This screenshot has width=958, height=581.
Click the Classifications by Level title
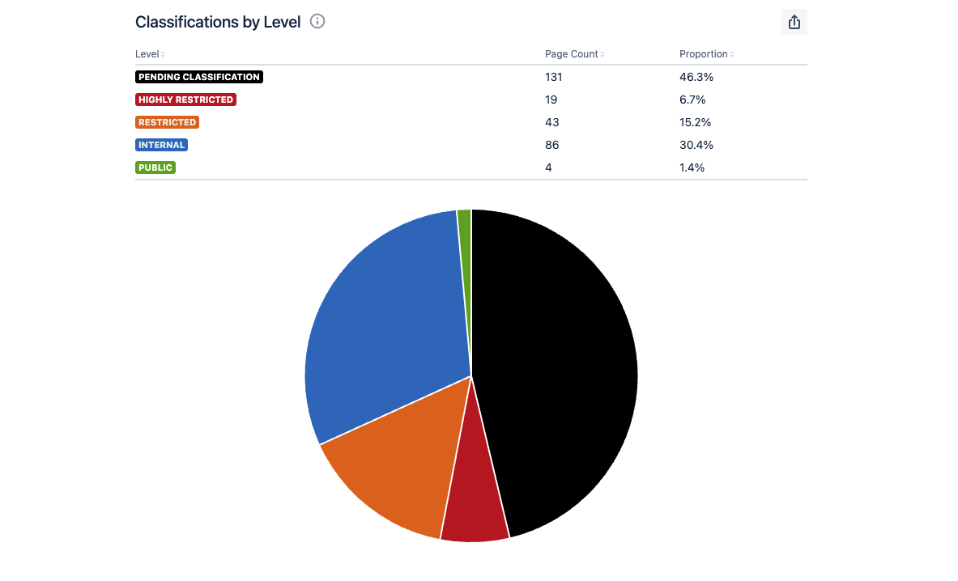218,22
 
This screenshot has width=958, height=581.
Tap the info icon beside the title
317,21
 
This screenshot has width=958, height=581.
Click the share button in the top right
794,22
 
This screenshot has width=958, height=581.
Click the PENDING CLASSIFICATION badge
199,77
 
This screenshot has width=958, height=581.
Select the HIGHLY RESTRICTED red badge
185,100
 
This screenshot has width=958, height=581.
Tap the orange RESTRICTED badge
167,122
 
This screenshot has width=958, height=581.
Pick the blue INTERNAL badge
162,145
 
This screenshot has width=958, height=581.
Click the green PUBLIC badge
155,168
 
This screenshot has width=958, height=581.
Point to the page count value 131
554,77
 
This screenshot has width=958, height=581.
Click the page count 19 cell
551,100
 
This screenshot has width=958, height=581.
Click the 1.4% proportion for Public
692,168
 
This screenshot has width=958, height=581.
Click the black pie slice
559,364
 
